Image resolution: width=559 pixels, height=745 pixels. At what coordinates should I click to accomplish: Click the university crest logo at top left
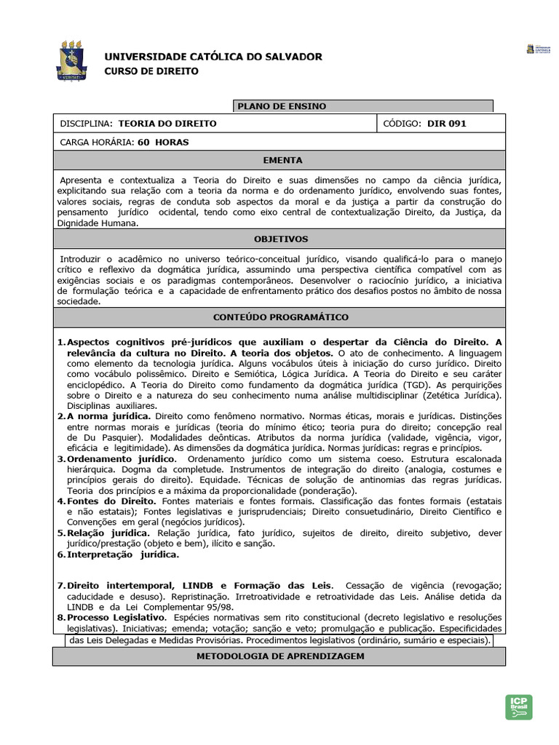point(75,61)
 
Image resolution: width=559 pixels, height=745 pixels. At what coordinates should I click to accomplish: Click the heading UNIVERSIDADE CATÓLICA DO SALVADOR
point(213,57)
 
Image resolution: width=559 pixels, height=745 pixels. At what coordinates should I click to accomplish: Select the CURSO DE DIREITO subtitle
point(151,71)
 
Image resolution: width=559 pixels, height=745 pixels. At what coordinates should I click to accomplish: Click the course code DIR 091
point(446,124)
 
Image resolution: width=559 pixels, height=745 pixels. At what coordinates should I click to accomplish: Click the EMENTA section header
point(279,160)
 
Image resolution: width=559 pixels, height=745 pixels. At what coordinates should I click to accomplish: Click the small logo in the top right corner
point(539,49)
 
